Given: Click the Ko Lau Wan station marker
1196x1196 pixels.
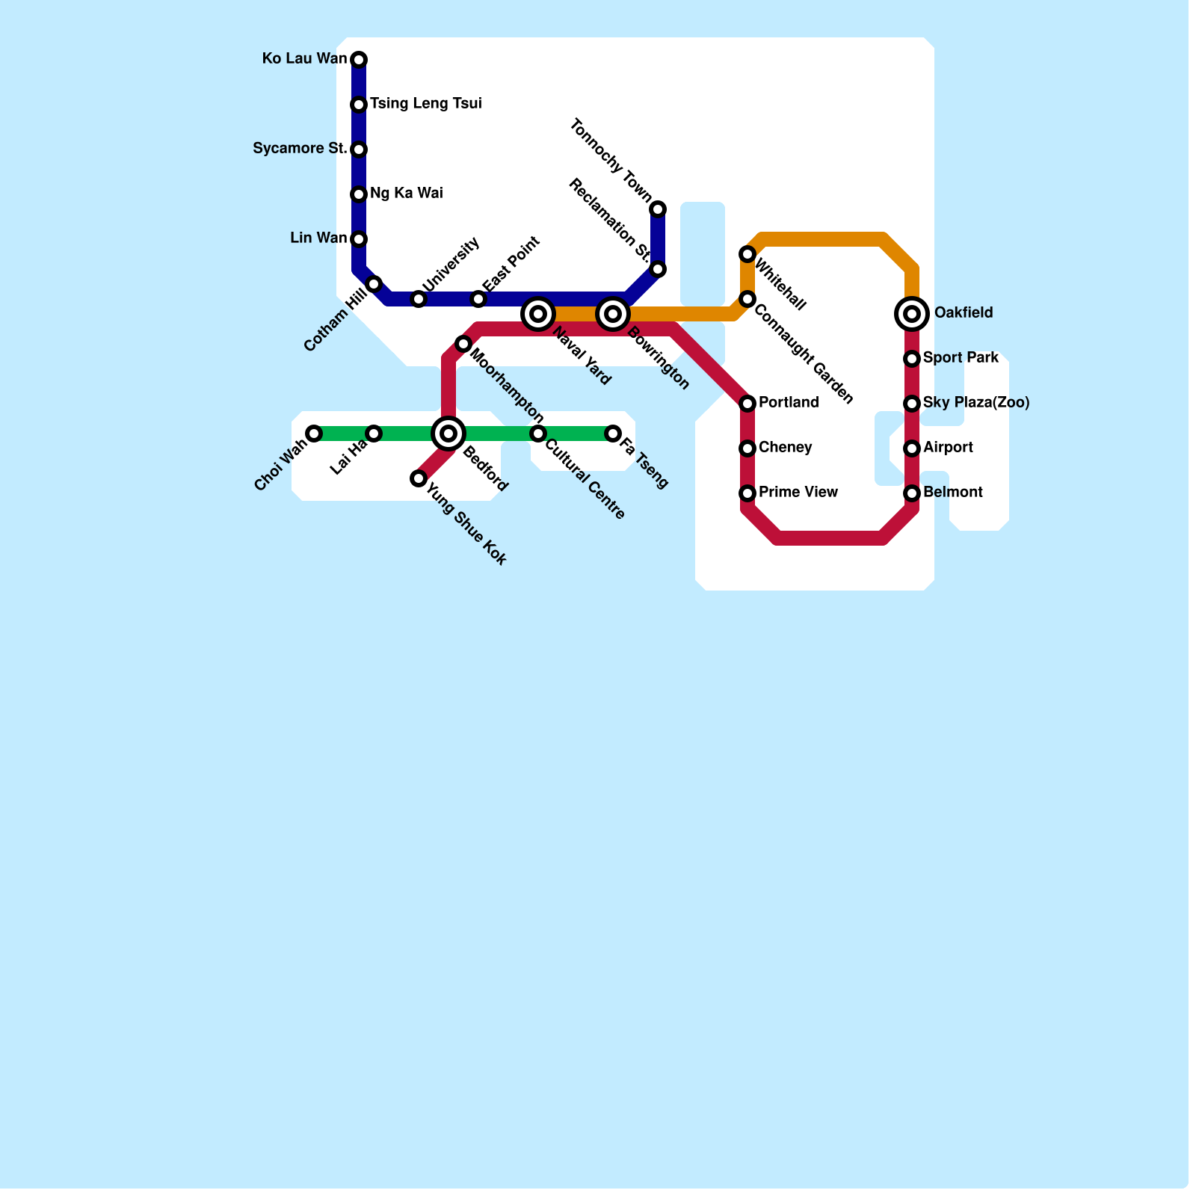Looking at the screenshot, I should [359, 60].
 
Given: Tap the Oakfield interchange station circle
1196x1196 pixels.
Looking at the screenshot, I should [912, 314].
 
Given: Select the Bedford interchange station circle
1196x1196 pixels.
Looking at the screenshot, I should [449, 434].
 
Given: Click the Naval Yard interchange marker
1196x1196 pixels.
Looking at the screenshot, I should [538, 314].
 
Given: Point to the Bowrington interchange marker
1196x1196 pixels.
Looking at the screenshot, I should [613, 314].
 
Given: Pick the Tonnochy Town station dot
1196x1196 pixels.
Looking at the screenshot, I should [658, 209].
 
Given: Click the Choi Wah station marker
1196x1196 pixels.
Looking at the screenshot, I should [314, 434].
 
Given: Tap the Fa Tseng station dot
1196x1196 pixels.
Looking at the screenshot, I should [613, 434].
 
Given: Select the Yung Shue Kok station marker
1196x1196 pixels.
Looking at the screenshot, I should [419, 478].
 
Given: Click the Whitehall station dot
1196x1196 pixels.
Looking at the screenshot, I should [747, 254].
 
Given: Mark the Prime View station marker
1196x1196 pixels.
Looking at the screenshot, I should [747, 493].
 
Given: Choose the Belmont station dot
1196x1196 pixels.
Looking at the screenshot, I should [912, 493].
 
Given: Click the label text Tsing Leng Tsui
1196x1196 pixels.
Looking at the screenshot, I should [425, 104].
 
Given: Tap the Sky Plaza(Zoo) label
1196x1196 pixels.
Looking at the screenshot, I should [975, 403].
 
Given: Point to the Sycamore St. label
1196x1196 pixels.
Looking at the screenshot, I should [300, 149].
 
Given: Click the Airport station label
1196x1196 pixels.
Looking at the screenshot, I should [948, 448].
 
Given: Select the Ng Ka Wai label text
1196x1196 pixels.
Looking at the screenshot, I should [406, 194].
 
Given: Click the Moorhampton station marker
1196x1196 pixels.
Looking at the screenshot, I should [463, 344].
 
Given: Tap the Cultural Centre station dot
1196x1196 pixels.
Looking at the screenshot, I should [538, 434].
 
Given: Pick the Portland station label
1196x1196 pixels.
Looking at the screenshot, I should [789, 403].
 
